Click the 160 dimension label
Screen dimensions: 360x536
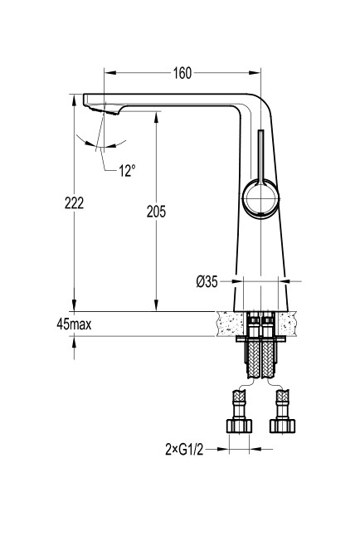(182, 73)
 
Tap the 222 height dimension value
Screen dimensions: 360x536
(74, 203)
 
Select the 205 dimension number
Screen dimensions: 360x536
(156, 212)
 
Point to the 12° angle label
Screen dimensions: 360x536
(127, 171)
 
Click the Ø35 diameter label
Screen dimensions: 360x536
(207, 281)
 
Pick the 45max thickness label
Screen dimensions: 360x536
(74, 324)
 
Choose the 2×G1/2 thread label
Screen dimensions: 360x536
(184, 450)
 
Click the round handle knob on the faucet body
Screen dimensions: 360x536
(260, 198)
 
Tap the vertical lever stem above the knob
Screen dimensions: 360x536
(260, 156)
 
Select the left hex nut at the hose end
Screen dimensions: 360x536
(240, 426)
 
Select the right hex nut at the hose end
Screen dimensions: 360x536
(282, 426)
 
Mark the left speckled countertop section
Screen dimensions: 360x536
(231, 324)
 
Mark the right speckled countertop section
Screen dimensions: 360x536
(286, 324)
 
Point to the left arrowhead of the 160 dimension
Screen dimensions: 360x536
(110, 73)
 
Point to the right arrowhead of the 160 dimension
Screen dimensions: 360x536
(255, 73)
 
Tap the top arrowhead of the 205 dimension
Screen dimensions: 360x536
(156, 117)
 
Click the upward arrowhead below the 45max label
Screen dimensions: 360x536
(74, 342)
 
